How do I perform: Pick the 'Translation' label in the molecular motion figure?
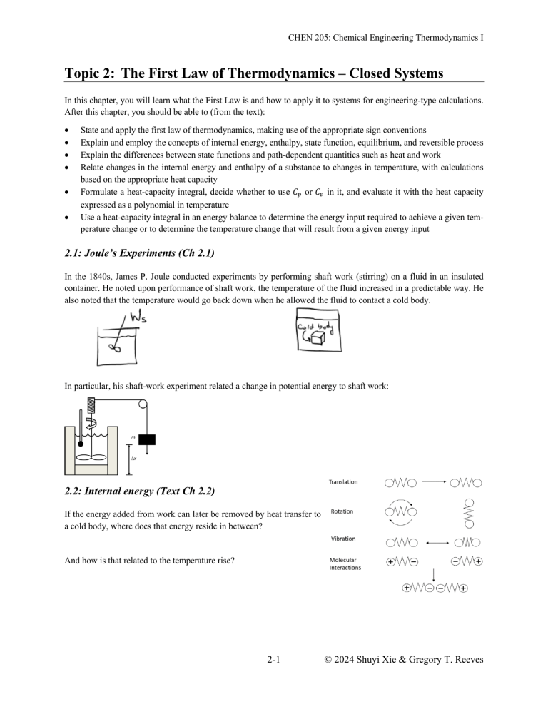[343, 482]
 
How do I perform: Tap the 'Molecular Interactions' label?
[345, 563]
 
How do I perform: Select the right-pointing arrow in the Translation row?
[434, 483]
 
